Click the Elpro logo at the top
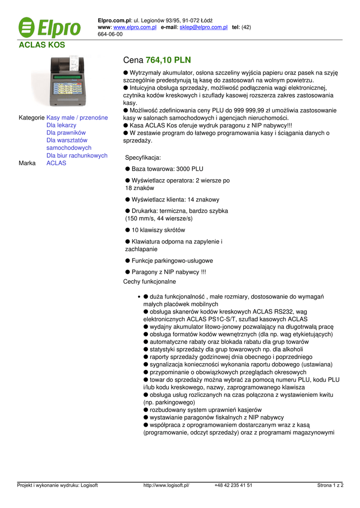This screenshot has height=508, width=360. (49, 27)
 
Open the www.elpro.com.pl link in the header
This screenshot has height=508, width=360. (135, 27)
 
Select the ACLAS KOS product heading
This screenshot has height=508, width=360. (42, 45)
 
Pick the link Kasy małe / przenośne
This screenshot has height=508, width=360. (77, 118)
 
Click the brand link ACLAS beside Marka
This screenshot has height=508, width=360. (56, 163)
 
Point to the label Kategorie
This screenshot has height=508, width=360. (31, 118)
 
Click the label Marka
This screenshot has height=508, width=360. (27, 163)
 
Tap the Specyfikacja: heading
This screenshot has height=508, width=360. (143, 158)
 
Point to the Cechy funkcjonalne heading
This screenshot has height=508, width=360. (149, 282)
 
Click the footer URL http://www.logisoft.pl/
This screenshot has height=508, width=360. (166, 486)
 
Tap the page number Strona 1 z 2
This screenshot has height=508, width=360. (330, 486)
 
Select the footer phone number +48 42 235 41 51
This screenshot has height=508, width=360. (233, 486)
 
